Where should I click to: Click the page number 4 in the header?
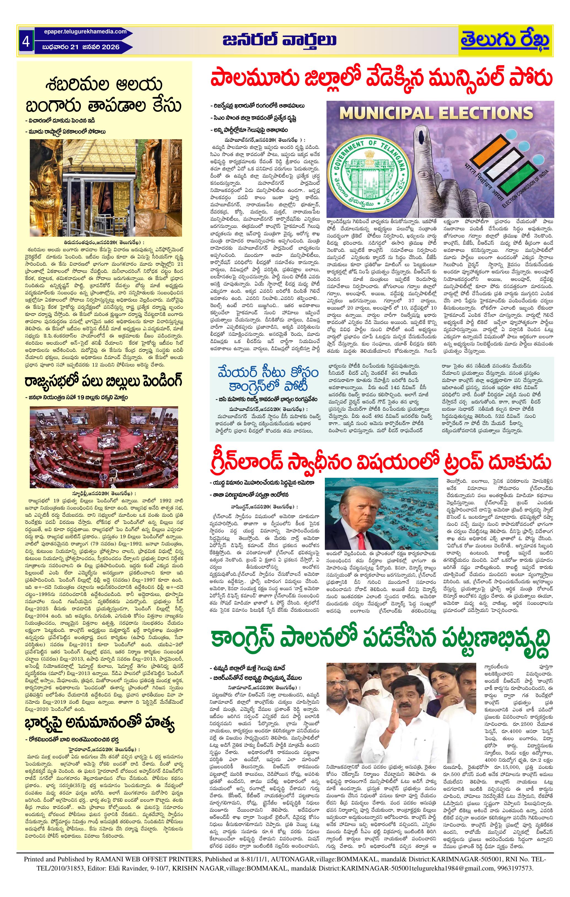point(26,41)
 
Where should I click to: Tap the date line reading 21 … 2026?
point(81,47)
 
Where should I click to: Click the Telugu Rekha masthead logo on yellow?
point(505,41)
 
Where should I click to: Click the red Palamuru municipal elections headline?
point(381,79)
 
